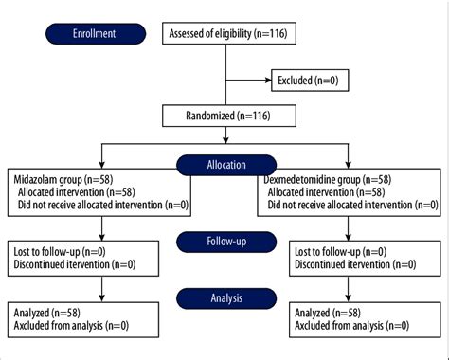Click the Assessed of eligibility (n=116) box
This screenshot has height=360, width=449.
(225, 35)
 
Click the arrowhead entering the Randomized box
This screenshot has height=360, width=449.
(225, 107)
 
